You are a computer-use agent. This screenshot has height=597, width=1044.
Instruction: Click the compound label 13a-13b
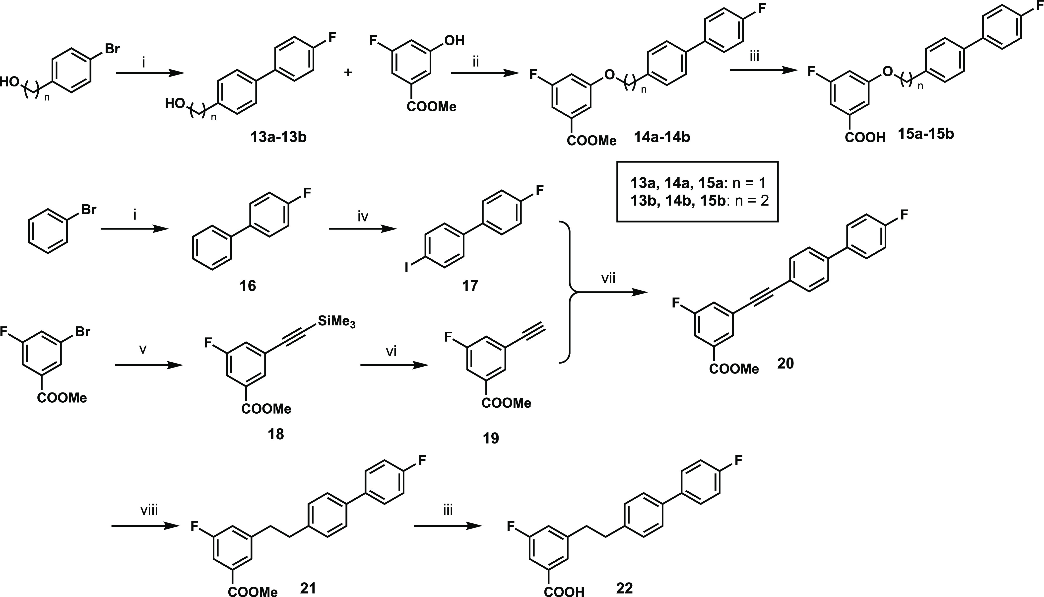[x=279, y=137]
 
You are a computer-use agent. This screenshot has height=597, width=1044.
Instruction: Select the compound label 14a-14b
[x=662, y=137]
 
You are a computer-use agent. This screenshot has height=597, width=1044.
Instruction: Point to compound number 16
[x=248, y=286]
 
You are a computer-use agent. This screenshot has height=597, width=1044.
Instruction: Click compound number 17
[x=470, y=286]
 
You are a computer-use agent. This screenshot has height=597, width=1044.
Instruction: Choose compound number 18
[x=276, y=434]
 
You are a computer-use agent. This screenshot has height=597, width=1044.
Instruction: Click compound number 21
[x=308, y=588]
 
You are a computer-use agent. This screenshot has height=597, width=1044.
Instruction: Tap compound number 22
[x=624, y=588]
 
